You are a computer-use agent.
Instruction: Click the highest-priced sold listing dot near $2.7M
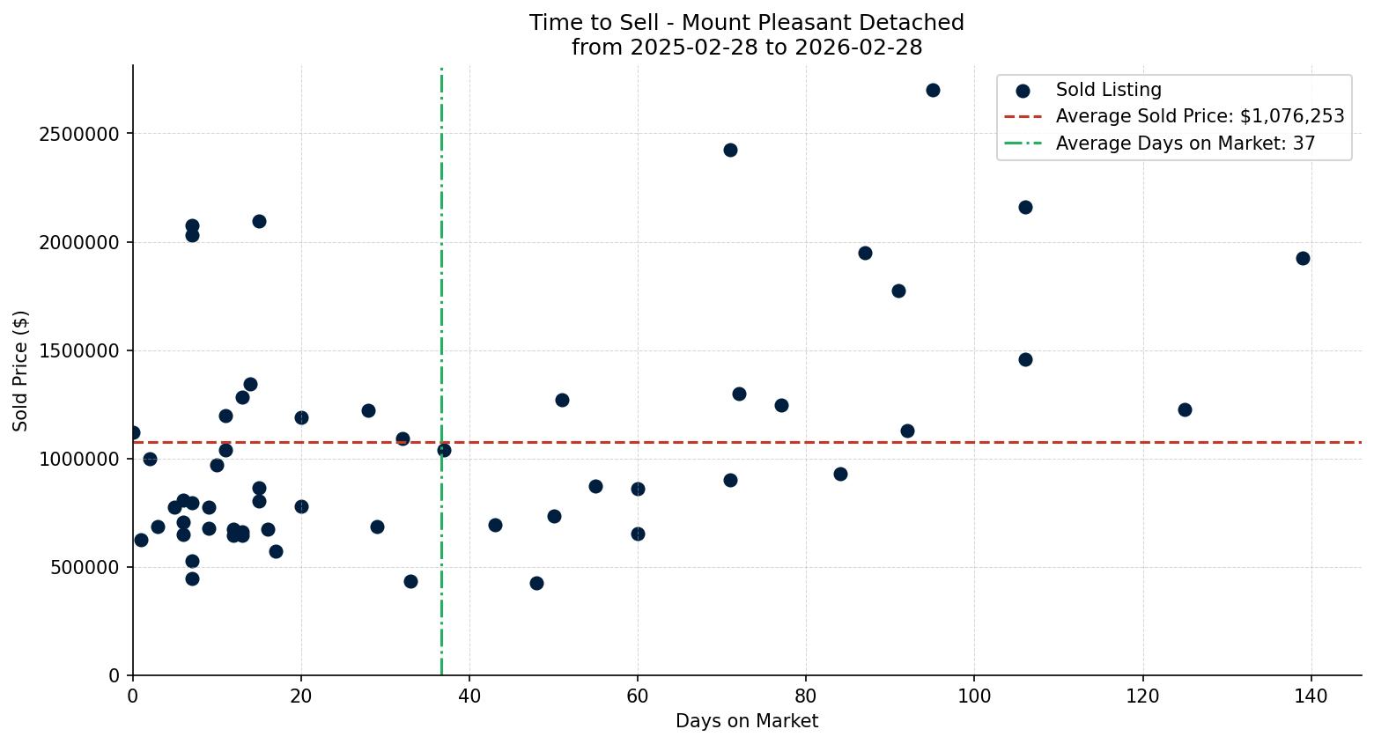pos(933,90)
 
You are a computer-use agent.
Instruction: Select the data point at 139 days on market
pos(1303,258)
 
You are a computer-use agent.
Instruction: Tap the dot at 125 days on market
pos(1185,409)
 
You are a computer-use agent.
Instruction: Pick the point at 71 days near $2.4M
pos(730,150)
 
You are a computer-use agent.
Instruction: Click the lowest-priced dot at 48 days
pos(536,583)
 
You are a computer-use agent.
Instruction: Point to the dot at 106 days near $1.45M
pos(1025,359)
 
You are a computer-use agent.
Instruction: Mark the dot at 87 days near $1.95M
pos(865,253)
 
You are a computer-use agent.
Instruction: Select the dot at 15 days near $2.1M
pos(259,221)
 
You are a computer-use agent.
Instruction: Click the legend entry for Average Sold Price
pos(1200,116)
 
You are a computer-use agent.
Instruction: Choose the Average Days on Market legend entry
pos(1185,144)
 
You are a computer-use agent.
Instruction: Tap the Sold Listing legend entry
pos(1108,90)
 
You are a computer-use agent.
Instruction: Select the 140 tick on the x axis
pos(1311,696)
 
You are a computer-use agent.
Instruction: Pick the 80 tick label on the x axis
pos(806,696)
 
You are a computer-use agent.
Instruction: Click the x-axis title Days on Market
pos(747,721)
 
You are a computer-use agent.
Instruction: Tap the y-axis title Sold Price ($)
pos(21,371)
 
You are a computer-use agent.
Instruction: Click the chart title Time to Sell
pos(747,23)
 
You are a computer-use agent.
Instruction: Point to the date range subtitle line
pos(747,48)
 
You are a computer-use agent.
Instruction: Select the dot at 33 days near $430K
pos(410,581)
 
